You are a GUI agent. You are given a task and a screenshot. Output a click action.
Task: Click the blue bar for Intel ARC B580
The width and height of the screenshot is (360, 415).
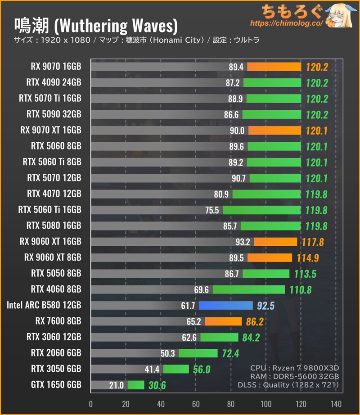click(x=225, y=306)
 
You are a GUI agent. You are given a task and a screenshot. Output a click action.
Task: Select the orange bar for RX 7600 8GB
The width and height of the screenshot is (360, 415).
click(x=223, y=321)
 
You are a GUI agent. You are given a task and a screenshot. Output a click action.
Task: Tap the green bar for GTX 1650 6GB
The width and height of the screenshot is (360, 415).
click(x=135, y=385)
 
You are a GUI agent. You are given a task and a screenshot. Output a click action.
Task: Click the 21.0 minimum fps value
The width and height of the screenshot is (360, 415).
click(x=116, y=385)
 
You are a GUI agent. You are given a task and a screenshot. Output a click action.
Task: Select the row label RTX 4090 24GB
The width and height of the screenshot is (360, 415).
click(x=54, y=82)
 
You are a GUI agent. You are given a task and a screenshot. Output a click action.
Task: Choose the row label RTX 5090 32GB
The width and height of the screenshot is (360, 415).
click(x=54, y=114)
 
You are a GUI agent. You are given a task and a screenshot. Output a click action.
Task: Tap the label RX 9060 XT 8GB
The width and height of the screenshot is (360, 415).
click(x=53, y=257)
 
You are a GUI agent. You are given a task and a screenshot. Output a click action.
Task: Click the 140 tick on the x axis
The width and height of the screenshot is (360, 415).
click(x=336, y=404)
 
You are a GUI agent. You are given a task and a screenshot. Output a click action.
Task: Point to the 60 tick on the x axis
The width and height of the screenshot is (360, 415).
click(x=196, y=404)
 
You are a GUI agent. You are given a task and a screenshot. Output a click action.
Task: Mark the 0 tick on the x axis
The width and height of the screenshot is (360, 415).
click(x=91, y=404)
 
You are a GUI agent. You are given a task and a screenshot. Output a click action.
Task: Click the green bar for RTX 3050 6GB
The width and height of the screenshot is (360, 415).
click(x=176, y=369)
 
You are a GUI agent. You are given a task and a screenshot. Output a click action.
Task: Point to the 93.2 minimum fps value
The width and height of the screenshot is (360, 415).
click(x=243, y=242)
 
